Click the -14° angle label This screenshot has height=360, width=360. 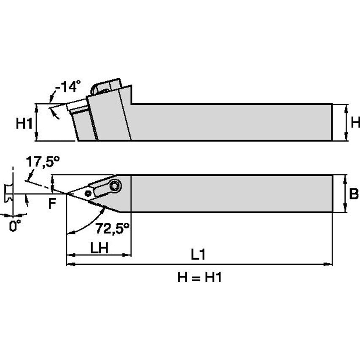pyautogui.click(x=67, y=87)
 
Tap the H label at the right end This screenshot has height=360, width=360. pyautogui.click(x=355, y=123)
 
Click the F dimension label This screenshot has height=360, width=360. pyautogui.click(x=52, y=204)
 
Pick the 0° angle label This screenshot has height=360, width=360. pyautogui.click(x=15, y=226)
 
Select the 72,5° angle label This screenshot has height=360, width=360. pyautogui.click(x=112, y=229)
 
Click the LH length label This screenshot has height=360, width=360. pyautogui.click(x=99, y=247)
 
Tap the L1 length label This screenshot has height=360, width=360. pyautogui.click(x=198, y=254)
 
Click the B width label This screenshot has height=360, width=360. pyautogui.click(x=354, y=195)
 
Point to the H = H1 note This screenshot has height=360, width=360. pyautogui.click(x=199, y=278)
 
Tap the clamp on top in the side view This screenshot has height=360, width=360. pyautogui.click(x=105, y=86)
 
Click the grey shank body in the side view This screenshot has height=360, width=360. pyautogui.click(x=232, y=122)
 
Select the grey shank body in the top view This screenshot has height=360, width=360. pyautogui.click(x=232, y=194)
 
